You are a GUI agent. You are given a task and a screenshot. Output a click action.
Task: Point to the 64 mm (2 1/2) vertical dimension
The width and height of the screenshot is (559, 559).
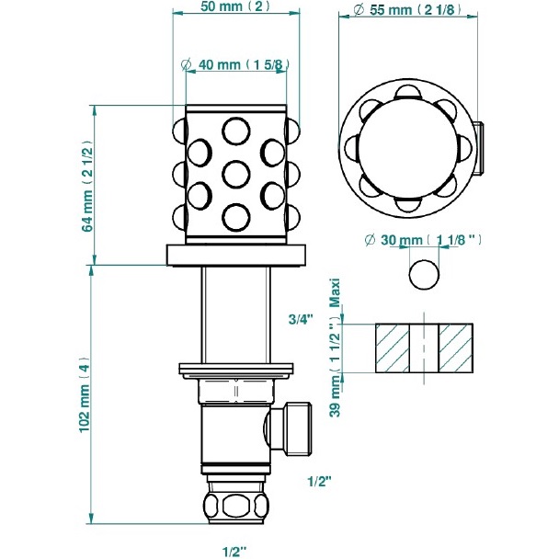pos(87,187)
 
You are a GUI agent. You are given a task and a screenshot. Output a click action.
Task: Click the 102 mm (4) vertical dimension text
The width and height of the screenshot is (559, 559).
pos(86,394)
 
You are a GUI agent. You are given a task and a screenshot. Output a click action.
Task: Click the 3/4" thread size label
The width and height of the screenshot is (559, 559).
pos(301,319)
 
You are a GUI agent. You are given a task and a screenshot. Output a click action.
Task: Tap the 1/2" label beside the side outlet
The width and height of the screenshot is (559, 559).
pos(319,479)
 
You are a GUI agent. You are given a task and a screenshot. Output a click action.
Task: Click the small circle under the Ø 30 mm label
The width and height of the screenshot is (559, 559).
pos(423,274)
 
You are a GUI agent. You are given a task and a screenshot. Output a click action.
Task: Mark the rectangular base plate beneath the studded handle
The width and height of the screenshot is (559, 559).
pos(235,255)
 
